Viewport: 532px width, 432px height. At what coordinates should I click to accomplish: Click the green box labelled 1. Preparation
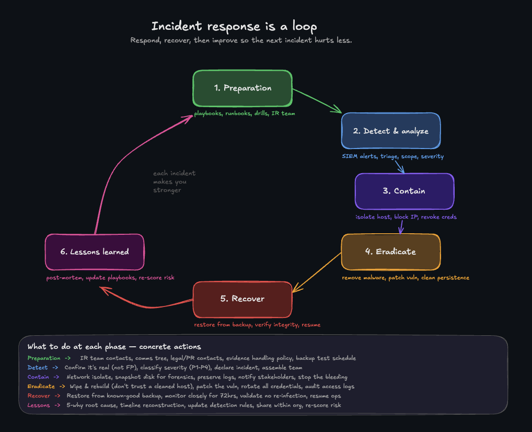[242, 88]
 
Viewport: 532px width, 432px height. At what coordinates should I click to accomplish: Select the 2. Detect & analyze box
[390, 131]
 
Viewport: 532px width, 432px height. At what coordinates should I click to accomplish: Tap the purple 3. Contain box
[404, 191]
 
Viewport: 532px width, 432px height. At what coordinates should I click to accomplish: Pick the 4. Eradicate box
[390, 252]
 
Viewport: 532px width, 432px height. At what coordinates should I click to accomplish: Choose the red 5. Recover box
[242, 299]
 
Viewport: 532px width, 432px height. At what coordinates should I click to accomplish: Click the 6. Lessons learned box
[94, 252]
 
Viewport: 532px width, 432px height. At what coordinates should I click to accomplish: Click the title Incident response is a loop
[234, 26]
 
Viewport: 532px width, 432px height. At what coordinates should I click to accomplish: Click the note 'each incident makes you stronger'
[174, 181]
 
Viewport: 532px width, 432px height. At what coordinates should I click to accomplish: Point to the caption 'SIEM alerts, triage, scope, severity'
[392, 156]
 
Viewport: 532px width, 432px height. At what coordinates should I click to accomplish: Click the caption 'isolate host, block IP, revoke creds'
[406, 217]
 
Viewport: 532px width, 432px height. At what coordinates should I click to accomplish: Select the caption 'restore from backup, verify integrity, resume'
[257, 325]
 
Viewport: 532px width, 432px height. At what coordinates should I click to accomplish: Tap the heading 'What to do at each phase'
[114, 347]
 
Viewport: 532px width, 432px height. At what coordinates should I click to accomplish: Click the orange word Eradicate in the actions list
[41, 386]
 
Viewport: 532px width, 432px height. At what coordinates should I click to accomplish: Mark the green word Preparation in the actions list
[44, 358]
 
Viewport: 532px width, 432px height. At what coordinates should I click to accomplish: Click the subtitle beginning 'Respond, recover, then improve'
[241, 40]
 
